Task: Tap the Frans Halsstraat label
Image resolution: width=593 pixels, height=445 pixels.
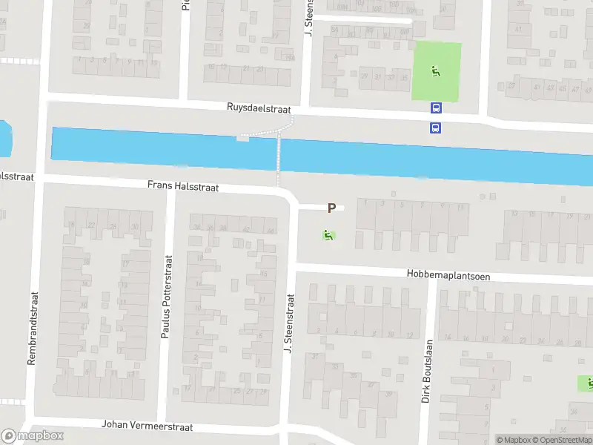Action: [183, 188]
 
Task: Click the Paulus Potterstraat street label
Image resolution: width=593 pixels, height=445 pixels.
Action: [166, 297]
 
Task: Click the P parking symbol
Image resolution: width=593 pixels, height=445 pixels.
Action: [331, 209]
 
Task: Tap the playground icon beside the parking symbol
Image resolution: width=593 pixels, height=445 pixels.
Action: [327, 236]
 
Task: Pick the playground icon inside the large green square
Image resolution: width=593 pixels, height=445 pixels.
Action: [436, 72]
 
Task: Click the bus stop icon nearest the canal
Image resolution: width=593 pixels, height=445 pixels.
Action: [435, 128]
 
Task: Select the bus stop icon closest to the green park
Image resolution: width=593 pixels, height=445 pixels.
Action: [435, 108]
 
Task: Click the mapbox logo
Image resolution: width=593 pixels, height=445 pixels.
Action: [32, 436]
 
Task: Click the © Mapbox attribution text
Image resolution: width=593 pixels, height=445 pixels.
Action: [514, 440]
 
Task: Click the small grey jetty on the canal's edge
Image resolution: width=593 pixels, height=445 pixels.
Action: [242, 138]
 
